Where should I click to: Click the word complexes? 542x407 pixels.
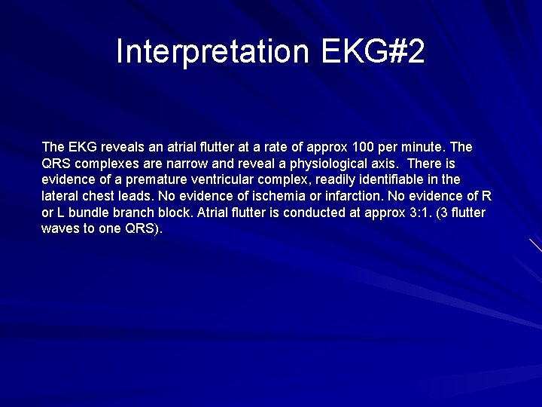point(106,163)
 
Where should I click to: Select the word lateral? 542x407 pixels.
point(58,196)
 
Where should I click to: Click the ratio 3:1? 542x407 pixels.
point(407,213)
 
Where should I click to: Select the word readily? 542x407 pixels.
point(334,179)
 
